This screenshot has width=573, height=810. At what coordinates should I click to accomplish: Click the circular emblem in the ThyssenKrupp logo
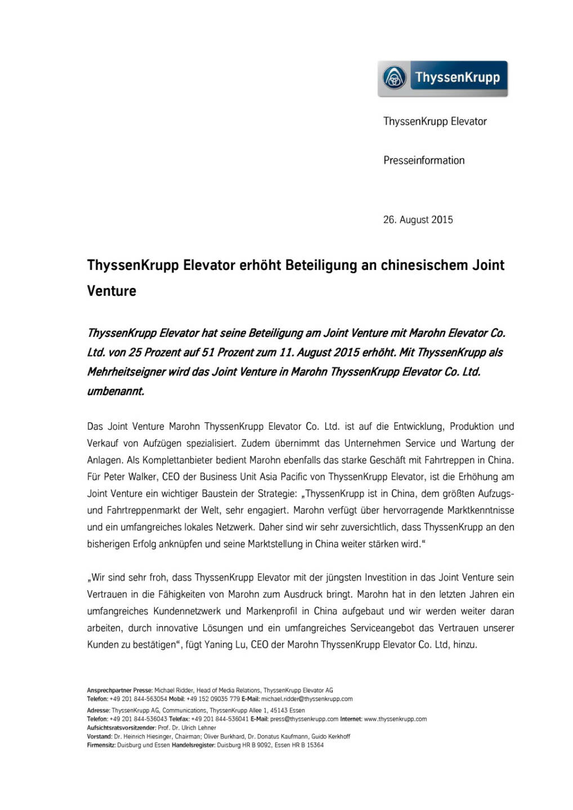point(395,78)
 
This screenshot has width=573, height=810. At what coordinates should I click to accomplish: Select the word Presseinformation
point(424,160)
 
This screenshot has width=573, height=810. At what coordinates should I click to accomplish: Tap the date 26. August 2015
point(418,219)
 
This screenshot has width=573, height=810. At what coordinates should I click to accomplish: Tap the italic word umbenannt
point(115,391)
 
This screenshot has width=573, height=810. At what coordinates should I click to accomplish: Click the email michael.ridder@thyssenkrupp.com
point(307,699)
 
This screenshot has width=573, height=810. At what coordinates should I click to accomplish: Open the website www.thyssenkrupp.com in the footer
point(395,719)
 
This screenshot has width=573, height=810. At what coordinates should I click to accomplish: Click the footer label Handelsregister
point(193,745)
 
